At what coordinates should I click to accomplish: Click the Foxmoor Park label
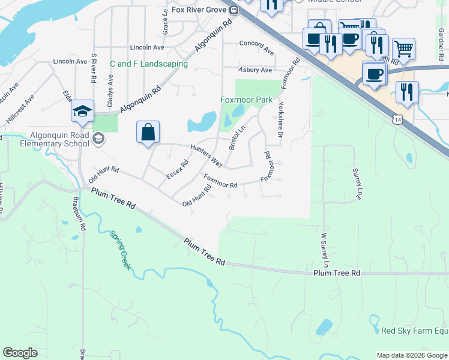246,100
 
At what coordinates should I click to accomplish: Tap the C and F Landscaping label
149,64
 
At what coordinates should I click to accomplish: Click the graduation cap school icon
82,111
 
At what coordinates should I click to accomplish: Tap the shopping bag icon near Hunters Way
148,132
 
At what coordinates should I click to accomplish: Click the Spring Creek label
120,250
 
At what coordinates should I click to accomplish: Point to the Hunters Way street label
206,155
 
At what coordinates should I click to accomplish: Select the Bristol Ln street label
237,138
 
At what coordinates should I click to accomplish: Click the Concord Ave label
256,43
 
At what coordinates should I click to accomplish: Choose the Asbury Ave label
255,70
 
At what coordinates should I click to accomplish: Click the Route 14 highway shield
398,120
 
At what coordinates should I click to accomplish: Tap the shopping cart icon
404,49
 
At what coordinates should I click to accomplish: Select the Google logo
20,353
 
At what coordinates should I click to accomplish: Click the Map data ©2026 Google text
411,355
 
